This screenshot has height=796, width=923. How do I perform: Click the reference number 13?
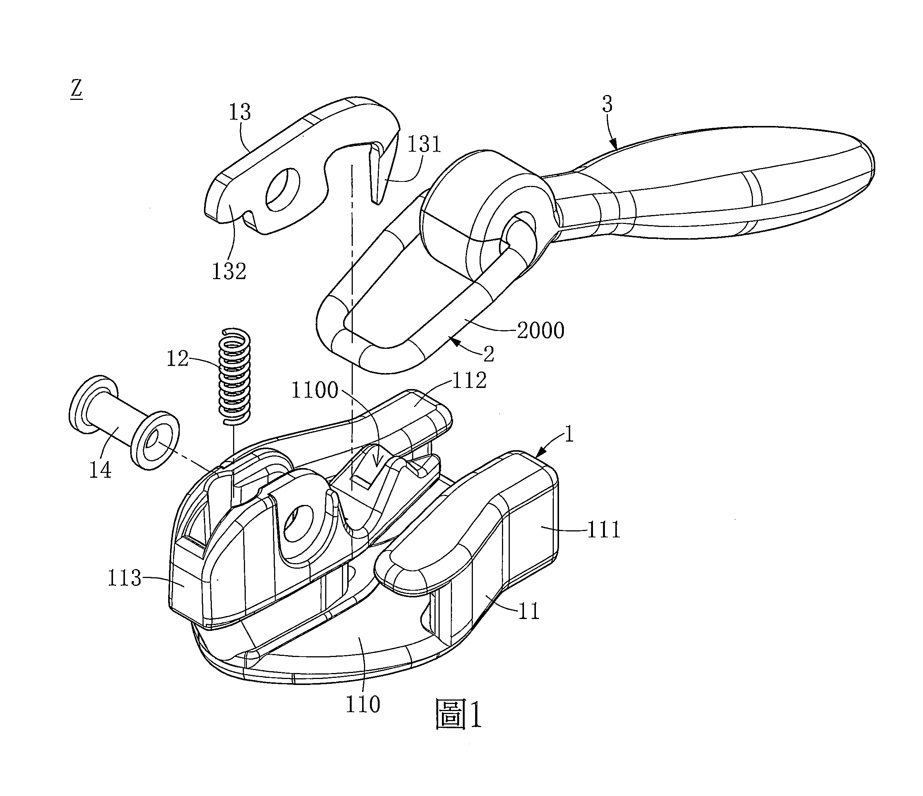coord(240,112)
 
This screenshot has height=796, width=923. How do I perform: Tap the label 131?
coord(424,144)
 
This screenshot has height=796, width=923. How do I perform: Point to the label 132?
coord(229,271)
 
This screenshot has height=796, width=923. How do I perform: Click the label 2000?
coord(540,330)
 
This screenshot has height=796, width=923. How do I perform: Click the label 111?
coord(604,530)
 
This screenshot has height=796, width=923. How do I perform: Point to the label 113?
coord(124,578)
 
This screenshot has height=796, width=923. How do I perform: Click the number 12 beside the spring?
coord(177,358)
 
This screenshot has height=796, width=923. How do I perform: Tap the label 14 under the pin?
coord(100,470)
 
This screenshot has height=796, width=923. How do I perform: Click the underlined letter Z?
coord(76,89)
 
